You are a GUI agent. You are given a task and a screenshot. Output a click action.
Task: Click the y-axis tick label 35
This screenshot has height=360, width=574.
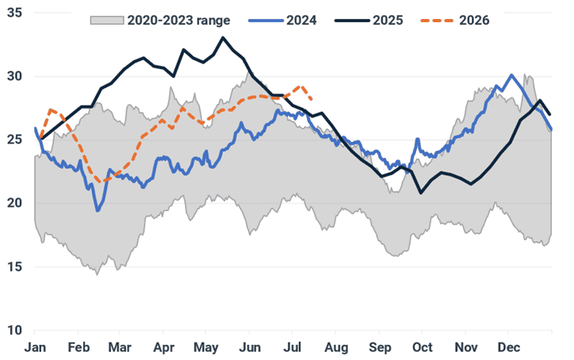click(x=14, y=13)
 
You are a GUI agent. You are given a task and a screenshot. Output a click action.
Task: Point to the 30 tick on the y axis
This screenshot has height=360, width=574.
click(x=14, y=76)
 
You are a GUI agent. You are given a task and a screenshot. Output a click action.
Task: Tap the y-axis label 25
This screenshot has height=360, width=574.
click(x=14, y=140)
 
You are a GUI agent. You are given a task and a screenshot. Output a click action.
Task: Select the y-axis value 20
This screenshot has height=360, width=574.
click(x=14, y=203)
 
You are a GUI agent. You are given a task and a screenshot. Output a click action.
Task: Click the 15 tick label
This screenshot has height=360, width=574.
click(x=14, y=266)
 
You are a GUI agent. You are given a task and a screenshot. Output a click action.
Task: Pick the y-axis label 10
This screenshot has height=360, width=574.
click(x=14, y=330)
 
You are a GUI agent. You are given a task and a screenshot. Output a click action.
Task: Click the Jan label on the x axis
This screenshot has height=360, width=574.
click(x=35, y=347)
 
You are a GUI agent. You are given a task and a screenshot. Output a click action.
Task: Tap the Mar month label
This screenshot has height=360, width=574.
click(x=120, y=347)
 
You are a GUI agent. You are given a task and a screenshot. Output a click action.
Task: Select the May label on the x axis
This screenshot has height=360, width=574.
click(x=206, y=347)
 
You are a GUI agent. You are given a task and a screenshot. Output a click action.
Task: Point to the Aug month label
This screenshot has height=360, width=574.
click(x=336, y=347)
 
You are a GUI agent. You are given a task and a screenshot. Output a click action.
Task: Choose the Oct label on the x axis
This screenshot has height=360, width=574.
click(x=423, y=347)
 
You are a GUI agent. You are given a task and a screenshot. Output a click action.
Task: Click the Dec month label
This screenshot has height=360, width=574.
click(x=509, y=347)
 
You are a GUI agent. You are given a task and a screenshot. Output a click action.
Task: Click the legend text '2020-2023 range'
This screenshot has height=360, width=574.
click(x=178, y=21)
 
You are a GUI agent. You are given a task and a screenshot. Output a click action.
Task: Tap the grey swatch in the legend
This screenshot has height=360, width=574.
click(x=107, y=20)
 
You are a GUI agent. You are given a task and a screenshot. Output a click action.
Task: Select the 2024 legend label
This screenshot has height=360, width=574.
click(x=301, y=20)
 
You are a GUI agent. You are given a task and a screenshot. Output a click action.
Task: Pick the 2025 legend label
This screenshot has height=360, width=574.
click(x=388, y=20)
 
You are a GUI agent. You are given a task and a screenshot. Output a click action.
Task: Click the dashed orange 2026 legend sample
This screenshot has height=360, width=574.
click(x=438, y=21)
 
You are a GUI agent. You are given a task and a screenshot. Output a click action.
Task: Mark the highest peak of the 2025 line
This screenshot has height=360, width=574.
click(x=223, y=37)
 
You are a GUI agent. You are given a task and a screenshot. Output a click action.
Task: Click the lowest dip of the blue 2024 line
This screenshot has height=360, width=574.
click(x=98, y=211)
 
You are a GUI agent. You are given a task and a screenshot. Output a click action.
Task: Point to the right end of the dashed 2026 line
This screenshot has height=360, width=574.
click(x=311, y=99)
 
